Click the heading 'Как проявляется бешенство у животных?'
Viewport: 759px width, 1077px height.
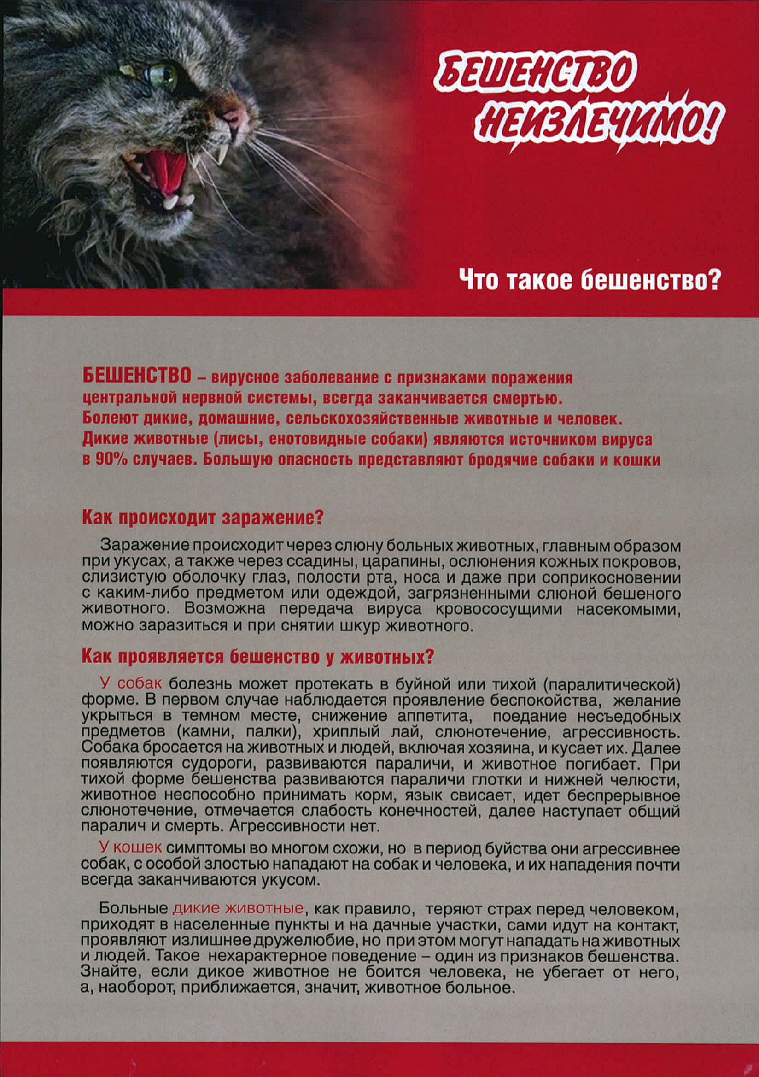click(x=256, y=657)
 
